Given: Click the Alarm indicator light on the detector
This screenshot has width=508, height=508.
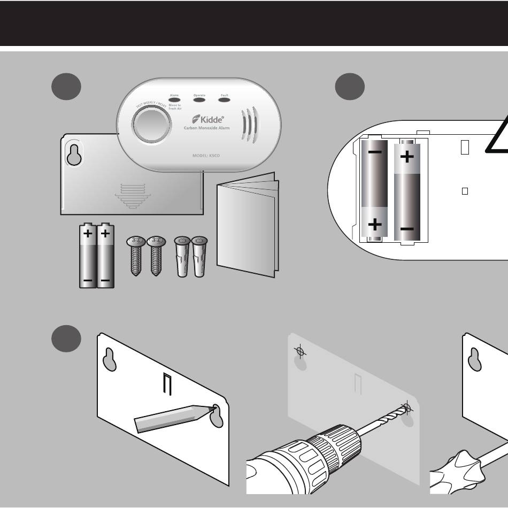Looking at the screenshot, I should point(174,99).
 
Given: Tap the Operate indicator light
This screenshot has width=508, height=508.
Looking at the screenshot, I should point(199,99).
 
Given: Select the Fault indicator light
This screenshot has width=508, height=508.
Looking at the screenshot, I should point(224,99).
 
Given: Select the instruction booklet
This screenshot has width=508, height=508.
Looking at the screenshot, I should point(247,225).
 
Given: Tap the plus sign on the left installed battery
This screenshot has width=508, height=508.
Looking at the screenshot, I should point(374,224).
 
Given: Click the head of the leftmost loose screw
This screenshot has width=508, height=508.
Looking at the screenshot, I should point(136,242).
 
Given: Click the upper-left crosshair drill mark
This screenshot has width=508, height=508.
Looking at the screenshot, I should point(301,352).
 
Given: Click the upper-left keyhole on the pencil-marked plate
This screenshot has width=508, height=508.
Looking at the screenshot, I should point(110,359).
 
